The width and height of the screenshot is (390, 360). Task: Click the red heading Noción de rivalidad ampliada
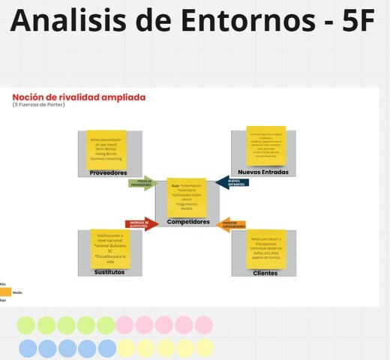click(x=79, y=97)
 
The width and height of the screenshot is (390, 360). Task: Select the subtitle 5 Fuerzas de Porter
click(x=40, y=105)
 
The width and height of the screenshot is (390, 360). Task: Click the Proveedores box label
click(x=108, y=172)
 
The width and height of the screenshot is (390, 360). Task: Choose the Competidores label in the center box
click(x=187, y=222)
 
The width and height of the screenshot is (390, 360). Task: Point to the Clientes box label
click(x=265, y=273)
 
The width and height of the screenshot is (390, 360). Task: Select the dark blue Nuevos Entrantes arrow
click(x=232, y=181)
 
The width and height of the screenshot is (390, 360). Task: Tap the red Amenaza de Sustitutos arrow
click(x=142, y=223)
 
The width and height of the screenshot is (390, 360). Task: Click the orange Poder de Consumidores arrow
click(x=232, y=223)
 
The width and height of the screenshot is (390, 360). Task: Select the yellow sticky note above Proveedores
click(x=106, y=150)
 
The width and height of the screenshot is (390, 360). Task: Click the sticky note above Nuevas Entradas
click(x=266, y=145)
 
